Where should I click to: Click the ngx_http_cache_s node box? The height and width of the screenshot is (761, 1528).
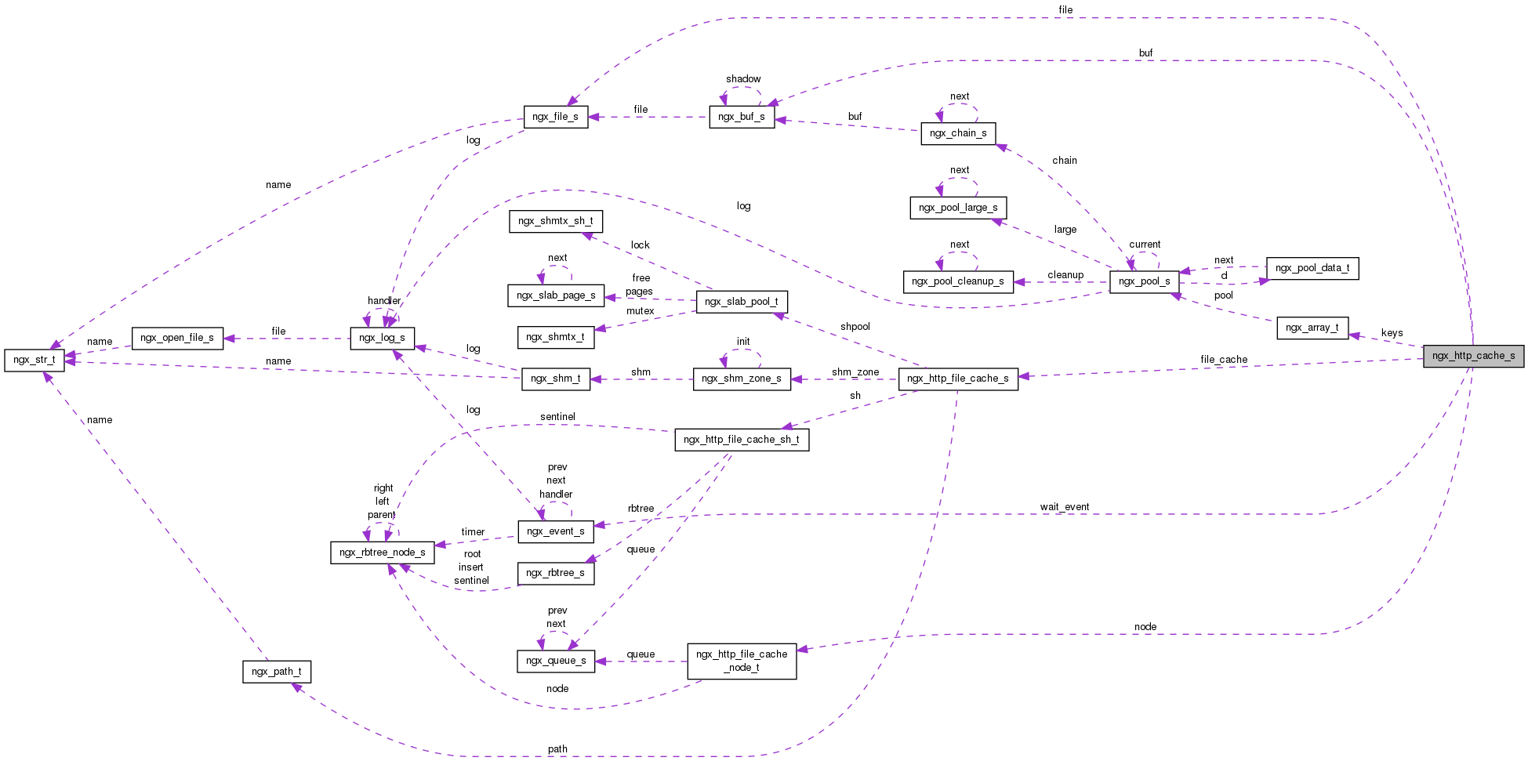click(1473, 356)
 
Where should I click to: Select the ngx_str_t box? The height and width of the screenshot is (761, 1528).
click(34, 360)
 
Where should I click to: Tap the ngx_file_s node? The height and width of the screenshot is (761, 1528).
click(555, 117)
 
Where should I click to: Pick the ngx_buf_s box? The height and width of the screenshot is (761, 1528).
click(741, 117)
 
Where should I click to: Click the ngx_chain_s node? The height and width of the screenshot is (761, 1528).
click(957, 133)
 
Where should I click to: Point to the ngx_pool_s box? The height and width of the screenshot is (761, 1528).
click(1144, 281)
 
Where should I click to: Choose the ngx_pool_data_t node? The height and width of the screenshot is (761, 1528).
click(1312, 268)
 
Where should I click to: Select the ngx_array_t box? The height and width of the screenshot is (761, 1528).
click(1312, 328)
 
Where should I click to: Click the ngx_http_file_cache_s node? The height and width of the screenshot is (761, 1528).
click(957, 379)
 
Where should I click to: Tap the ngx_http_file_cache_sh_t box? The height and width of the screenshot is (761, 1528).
click(741, 440)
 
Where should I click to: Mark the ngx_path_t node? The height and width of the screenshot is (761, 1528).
click(276, 672)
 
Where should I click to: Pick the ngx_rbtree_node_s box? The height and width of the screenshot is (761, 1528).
click(382, 553)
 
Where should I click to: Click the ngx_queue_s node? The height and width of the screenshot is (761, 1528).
click(555, 661)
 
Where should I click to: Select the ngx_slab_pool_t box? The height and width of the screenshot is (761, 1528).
click(741, 302)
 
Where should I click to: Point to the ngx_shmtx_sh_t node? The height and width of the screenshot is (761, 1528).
click(555, 221)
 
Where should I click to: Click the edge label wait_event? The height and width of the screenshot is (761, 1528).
click(1064, 507)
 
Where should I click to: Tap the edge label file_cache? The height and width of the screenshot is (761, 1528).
click(1223, 360)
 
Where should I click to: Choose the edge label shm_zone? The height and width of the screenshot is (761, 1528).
click(855, 372)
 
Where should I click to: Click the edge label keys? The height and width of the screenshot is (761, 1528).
click(1392, 333)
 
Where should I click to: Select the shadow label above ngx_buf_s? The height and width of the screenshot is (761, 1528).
click(742, 79)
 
